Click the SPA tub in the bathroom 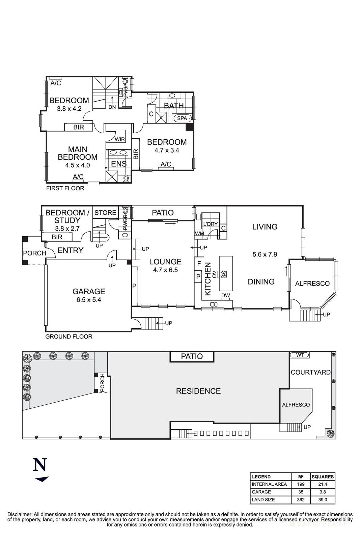pyautogui.click(x=182, y=118)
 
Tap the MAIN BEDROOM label pyautogui.click(x=78, y=153)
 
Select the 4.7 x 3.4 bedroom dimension pyautogui.click(x=167, y=151)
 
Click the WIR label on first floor pyautogui.click(x=120, y=139)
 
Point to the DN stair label pyautogui.click(x=112, y=107)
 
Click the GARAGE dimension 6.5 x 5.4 pyautogui.click(x=89, y=300)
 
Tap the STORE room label pyautogui.click(x=105, y=213)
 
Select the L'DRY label pyautogui.click(x=210, y=224)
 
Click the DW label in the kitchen pyautogui.click(x=226, y=296)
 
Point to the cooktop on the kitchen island pyautogui.click(x=224, y=274)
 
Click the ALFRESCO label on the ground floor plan pyautogui.click(x=312, y=284)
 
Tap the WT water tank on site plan pyautogui.click(x=300, y=355)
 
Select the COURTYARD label pyautogui.click(x=310, y=372)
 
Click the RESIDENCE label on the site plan pyautogui.click(x=198, y=391)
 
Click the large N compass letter pyautogui.click(x=40, y=465)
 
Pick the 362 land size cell pyautogui.click(x=300, y=500)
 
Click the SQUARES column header pyautogui.click(x=323, y=477)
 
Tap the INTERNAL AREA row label pyautogui.click(x=269, y=484)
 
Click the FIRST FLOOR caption pyautogui.click(x=65, y=188)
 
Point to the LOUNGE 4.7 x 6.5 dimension pyautogui.click(x=165, y=270)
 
